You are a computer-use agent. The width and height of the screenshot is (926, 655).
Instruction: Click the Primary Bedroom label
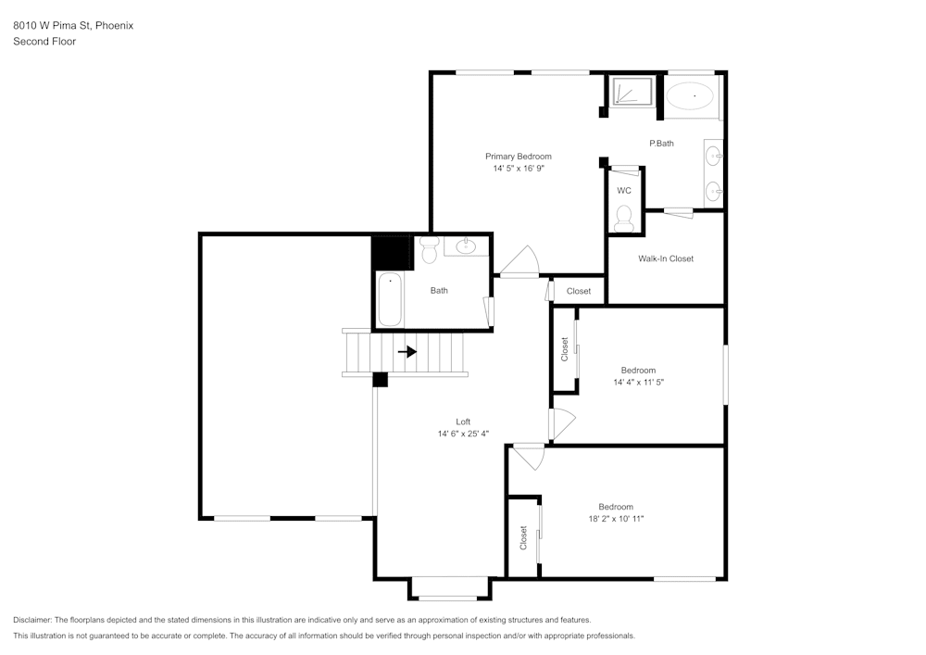pos(519,157)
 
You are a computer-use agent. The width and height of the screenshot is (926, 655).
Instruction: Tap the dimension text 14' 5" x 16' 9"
pos(519,169)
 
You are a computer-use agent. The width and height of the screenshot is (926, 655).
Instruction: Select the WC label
pos(624,191)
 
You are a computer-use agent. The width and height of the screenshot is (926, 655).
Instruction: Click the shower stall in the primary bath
pos(633,93)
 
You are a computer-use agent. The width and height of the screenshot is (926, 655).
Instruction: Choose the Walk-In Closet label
pos(666,258)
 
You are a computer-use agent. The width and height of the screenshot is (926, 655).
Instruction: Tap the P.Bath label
pos(661,143)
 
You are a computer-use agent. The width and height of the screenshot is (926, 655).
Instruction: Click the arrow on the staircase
pos(407,352)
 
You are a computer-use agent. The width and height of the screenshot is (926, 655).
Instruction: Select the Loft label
pos(463,422)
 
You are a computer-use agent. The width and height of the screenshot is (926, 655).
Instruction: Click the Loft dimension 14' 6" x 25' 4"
pos(463,434)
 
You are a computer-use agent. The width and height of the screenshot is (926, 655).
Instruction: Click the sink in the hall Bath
pos(465,246)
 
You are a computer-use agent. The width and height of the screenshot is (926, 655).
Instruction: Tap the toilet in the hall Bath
pos(429,249)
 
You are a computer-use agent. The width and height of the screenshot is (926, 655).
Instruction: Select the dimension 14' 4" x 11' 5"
pos(639,382)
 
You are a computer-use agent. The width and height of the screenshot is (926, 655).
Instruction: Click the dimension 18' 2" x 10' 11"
pos(616,519)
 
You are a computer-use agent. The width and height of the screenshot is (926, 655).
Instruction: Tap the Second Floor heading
pos(44,41)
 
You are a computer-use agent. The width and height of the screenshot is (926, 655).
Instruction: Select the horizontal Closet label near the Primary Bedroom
pos(579,291)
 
